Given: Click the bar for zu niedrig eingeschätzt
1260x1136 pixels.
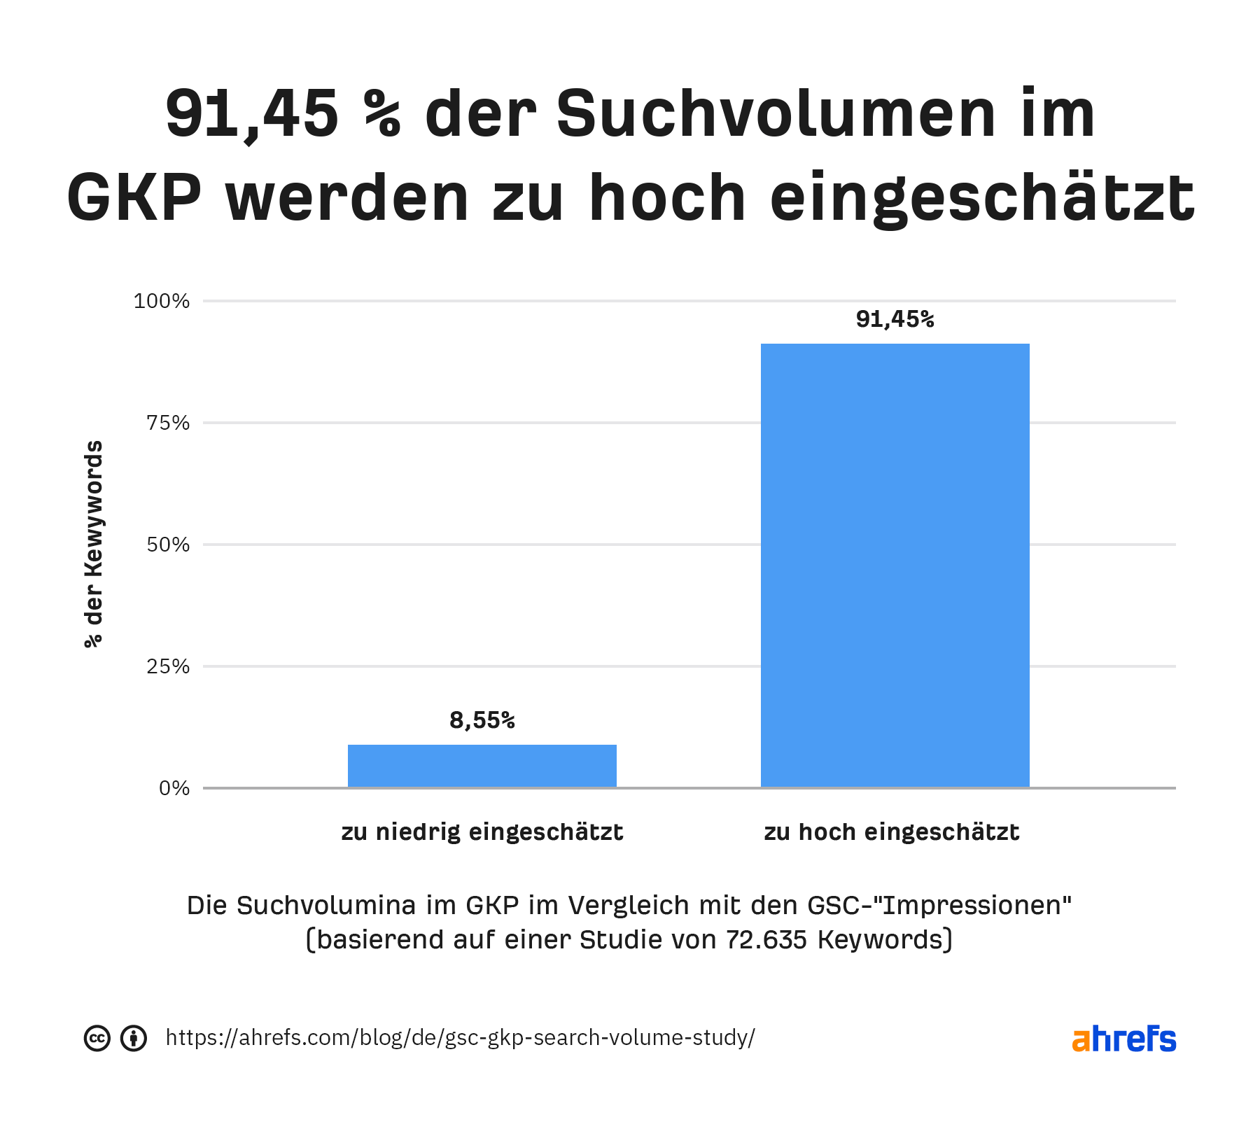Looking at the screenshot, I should pos(482,766).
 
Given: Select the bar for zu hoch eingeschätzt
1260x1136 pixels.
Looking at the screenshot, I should pos(895,566).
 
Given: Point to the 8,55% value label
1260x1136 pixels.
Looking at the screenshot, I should pos(482,720).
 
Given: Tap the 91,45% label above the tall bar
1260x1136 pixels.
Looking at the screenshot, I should pos(895,319).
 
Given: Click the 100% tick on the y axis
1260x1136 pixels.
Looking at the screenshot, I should pos(162,301).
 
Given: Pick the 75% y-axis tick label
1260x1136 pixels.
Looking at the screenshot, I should pos(168,423).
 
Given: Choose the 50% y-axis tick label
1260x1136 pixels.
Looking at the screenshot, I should pos(168,545).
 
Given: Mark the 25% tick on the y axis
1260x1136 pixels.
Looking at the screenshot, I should pos(168,666).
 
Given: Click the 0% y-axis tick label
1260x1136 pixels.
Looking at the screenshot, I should pos(174,788).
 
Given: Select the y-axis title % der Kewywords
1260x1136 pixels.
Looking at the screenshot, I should pos(94,544).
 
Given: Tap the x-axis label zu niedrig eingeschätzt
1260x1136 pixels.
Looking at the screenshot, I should pos(482,832).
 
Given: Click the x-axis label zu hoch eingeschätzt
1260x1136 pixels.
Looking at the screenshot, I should pos(891,832).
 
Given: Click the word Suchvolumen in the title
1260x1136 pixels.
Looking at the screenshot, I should pos(776,114).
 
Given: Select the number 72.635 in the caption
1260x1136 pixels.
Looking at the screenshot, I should pos(766,939).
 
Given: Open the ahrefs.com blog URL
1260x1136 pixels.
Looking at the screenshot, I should pos(460,1037).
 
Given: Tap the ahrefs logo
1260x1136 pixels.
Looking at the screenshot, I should pos(1123,1039).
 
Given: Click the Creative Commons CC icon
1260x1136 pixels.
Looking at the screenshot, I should pos(97,1038).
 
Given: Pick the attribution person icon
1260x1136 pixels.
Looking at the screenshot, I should pos(134,1038).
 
